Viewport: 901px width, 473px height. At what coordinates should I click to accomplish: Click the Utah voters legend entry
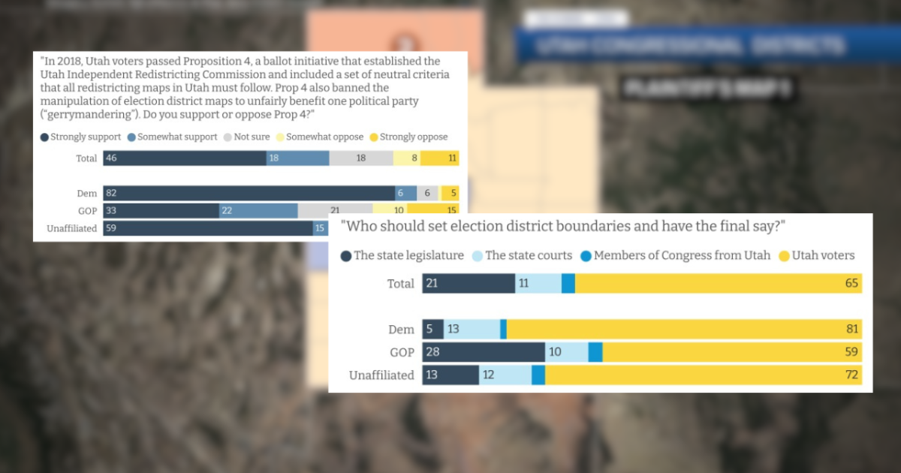818,255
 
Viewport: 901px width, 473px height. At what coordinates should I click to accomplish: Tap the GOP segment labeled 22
258,211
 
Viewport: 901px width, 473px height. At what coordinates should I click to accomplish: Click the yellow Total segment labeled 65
718,283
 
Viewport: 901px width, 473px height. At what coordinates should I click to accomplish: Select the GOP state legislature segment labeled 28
484,352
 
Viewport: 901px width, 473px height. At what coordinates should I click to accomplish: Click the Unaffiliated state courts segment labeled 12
505,375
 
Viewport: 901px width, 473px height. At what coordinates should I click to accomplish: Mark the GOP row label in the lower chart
402,352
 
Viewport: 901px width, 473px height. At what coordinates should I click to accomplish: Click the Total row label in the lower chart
400,283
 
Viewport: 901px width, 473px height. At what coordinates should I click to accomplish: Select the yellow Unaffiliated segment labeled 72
703,375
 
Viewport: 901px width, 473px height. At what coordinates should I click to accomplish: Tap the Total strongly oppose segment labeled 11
439,158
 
